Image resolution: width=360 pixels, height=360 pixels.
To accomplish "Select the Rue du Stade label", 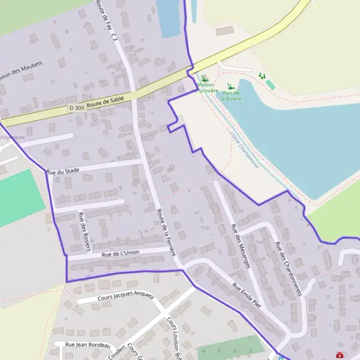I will point(64,171).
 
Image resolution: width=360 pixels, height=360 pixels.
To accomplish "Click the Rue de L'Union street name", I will point(121,253).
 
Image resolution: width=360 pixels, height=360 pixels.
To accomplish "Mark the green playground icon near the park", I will point(262,76).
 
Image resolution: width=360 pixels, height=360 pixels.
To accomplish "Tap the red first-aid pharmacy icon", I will point(340,355).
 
